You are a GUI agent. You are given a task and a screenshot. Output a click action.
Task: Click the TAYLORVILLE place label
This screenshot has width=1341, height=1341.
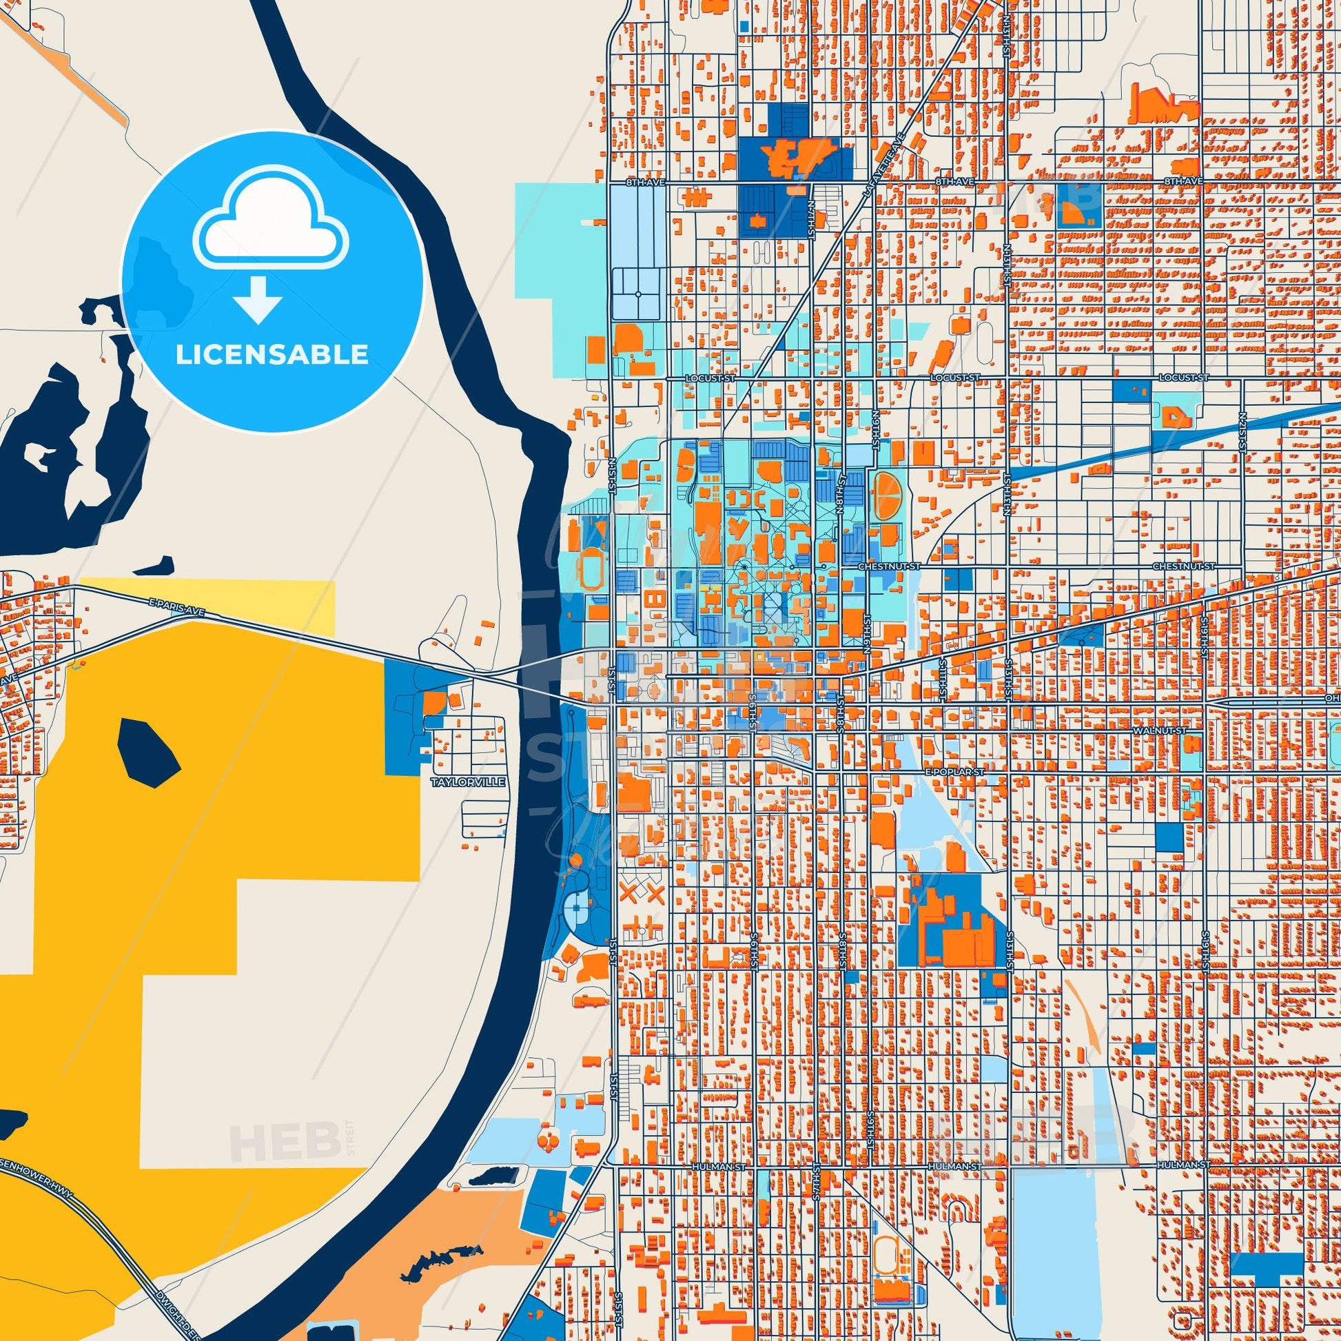pyautogui.click(x=467, y=782)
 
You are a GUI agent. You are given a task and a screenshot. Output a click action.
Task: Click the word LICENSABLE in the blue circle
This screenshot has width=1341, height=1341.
pyautogui.click(x=272, y=355)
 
